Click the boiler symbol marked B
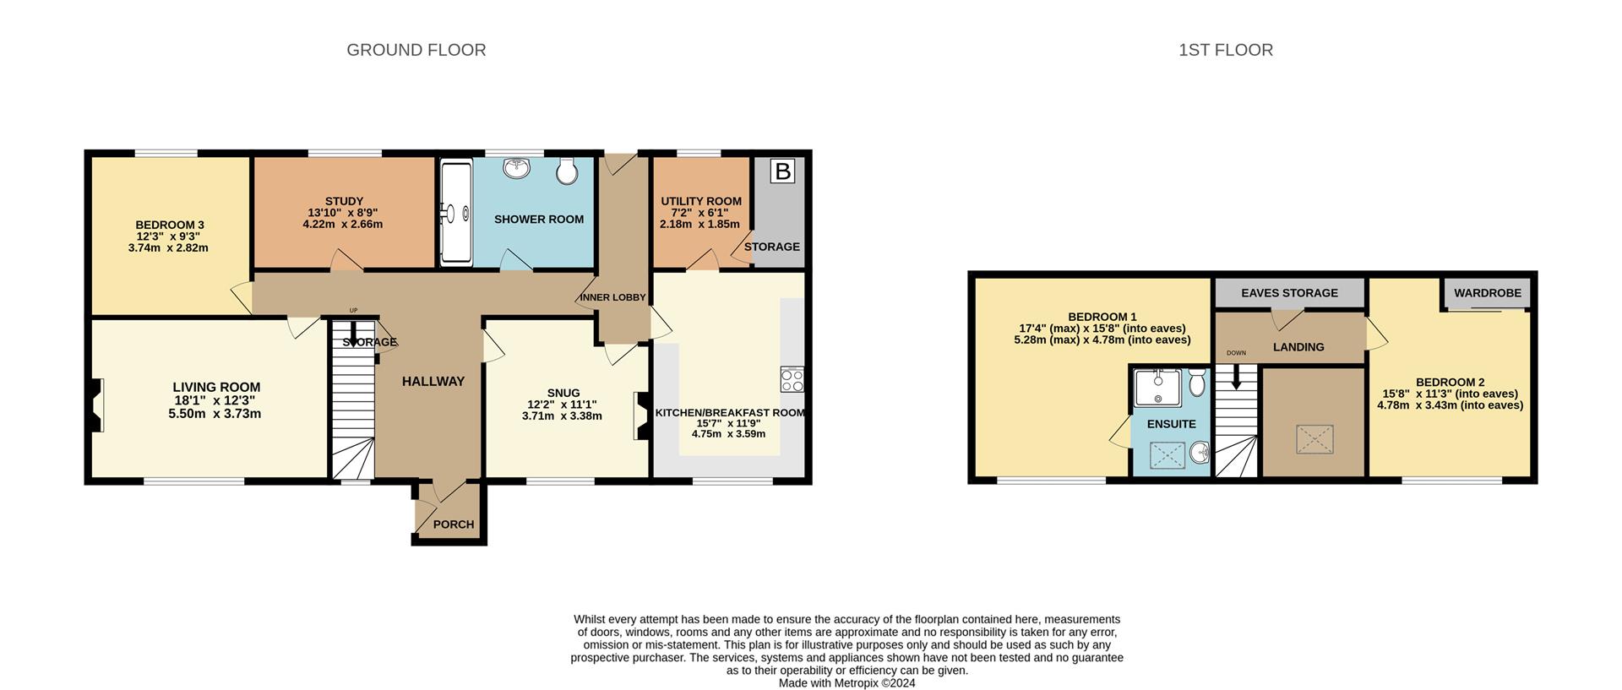(783, 171)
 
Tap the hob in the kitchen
(792, 381)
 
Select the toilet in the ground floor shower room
(567, 171)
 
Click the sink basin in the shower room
(516, 168)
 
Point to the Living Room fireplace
(96, 405)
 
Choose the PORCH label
(454, 524)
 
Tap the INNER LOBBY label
(612, 298)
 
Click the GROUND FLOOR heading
(416, 50)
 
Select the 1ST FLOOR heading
(1226, 50)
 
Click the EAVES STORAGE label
(1289, 293)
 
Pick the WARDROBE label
(1488, 293)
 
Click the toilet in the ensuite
(1196, 383)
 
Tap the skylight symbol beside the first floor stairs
(1314, 439)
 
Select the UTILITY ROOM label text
(701, 202)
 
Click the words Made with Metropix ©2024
(846, 683)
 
